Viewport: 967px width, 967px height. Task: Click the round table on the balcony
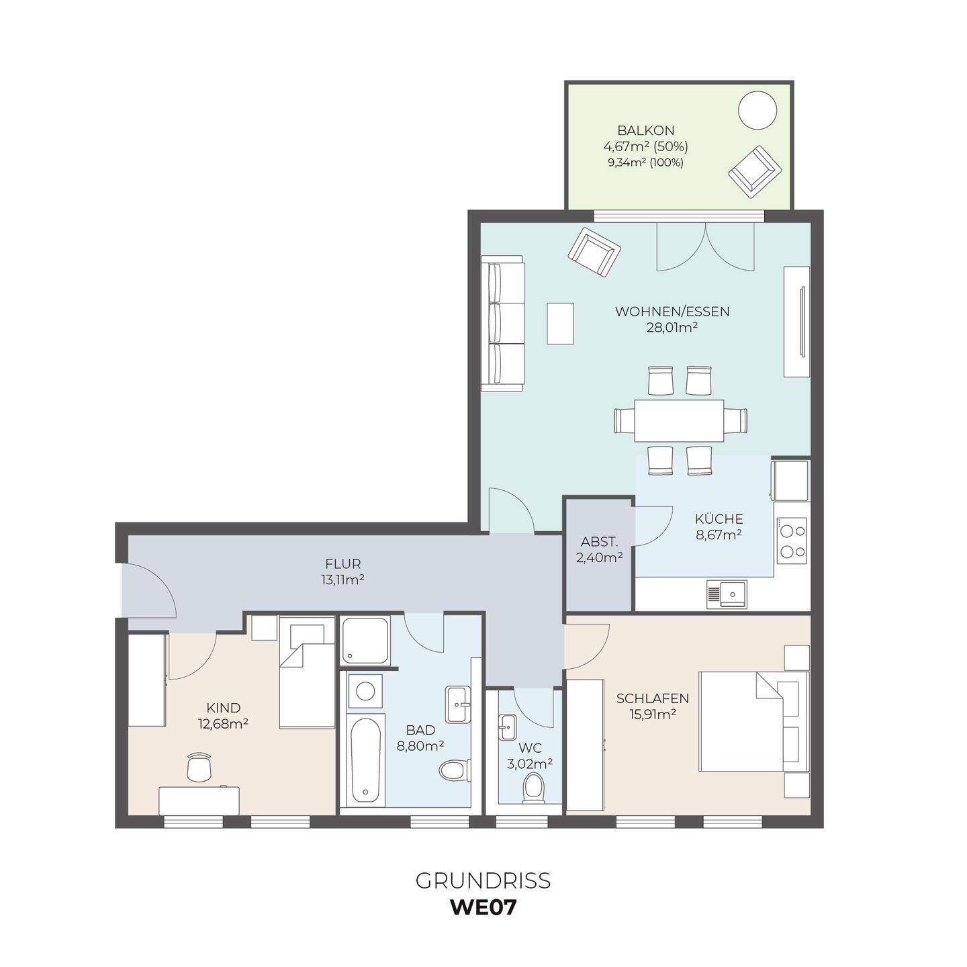coord(757,110)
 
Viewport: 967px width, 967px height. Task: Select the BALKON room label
coord(646,130)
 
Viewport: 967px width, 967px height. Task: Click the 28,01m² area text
coord(672,328)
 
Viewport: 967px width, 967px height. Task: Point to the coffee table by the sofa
coord(560,323)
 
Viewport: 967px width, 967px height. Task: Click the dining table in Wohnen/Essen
coord(679,420)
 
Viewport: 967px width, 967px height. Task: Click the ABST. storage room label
coord(599,542)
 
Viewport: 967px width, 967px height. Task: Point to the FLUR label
coord(342,564)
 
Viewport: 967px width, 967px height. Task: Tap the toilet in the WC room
coord(533,790)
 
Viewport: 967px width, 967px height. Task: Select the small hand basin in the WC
coord(507,727)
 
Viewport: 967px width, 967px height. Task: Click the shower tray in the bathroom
coord(365,640)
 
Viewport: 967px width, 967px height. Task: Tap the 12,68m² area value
coord(224,724)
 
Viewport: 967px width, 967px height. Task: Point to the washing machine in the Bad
coord(365,691)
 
